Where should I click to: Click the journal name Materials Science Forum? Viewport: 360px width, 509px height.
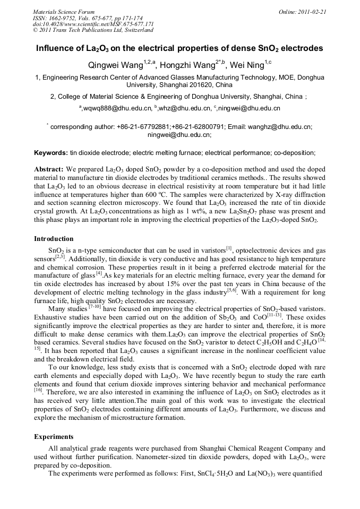(x=64, y=11)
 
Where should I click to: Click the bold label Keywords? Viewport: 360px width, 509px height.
(x=50, y=153)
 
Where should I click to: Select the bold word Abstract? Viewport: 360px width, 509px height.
(x=49, y=169)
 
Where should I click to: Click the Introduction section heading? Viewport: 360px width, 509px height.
(x=54, y=239)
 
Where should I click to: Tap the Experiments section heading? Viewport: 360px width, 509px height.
(x=54, y=437)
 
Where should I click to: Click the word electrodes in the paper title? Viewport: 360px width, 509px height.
(x=302, y=49)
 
